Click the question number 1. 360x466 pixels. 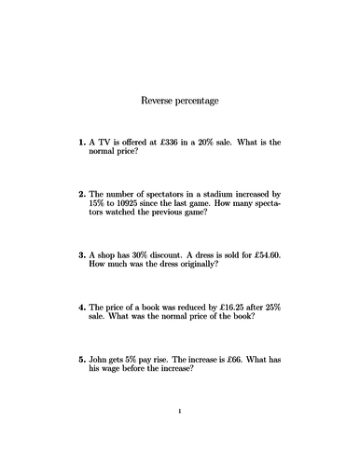81,143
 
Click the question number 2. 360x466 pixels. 81,193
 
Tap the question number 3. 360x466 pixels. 81,254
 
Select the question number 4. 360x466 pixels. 81,306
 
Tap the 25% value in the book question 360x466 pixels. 270,306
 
